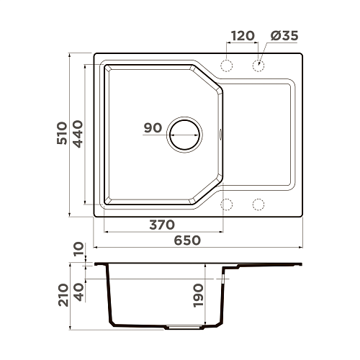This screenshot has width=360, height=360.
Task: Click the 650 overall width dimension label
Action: click(x=187, y=240)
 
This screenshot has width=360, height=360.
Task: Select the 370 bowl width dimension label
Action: click(x=162, y=225)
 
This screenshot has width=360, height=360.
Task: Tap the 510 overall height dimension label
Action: click(x=62, y=133)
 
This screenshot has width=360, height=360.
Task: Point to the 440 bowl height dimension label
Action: click(x=78, y=134)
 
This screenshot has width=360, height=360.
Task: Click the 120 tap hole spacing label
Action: click(x=243, y=36)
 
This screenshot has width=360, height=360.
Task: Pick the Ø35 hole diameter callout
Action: click(x=284, y=36)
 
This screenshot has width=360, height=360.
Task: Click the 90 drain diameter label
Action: click(x=153, y=128)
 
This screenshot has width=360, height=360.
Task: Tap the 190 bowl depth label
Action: click(x=199, y=295)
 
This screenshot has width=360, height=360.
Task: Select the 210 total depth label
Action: click(x=63, y=295)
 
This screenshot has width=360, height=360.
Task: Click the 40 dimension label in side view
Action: click(x=79, y=292)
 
